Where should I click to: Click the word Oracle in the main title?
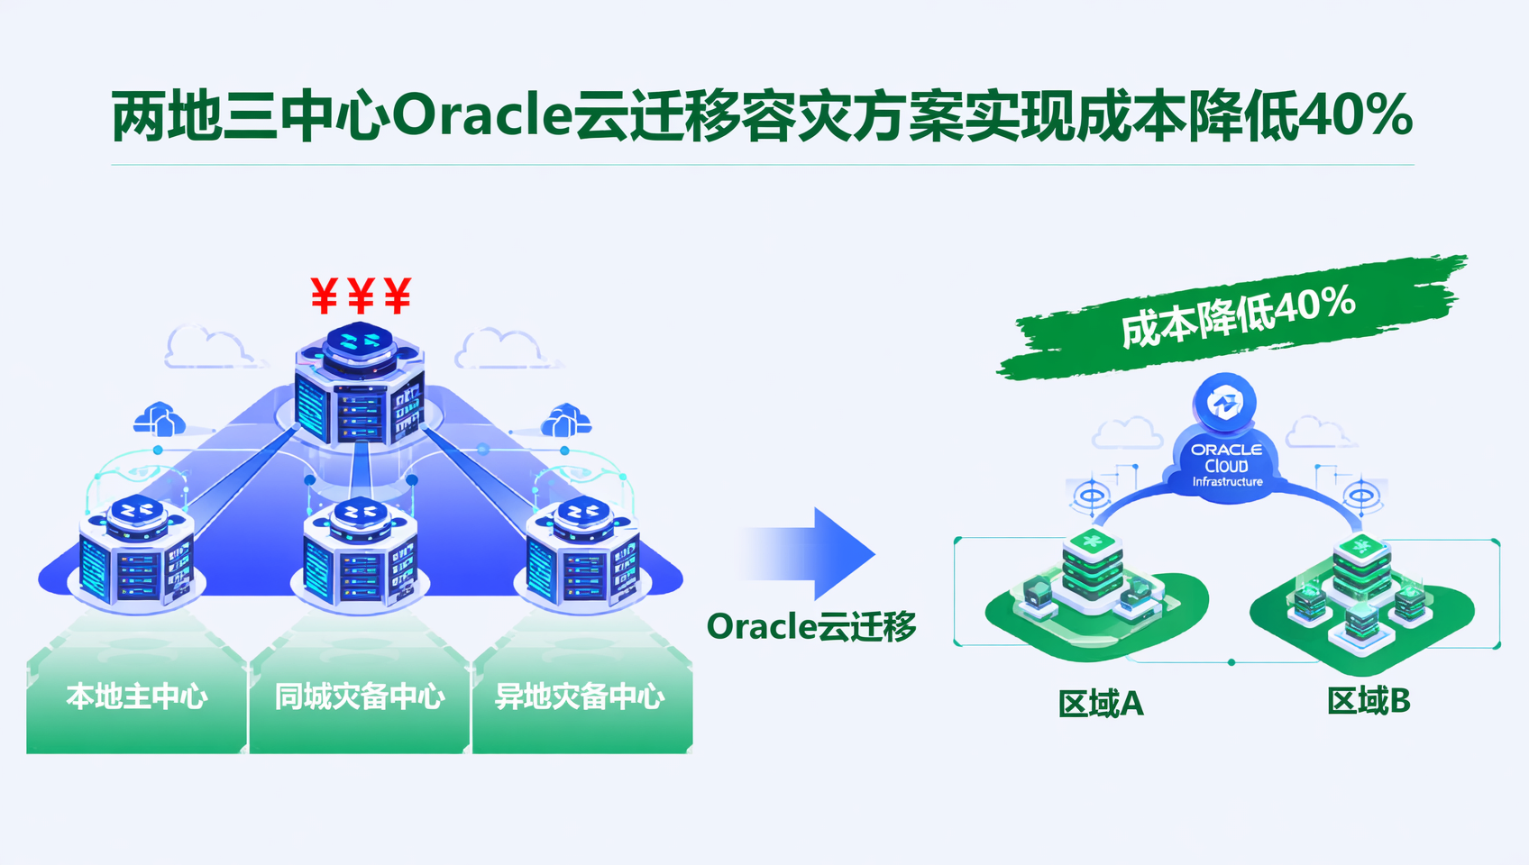pyautogui.click(x=482, y=115)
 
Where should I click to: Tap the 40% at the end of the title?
pyautogui.click(x=1354, y=115)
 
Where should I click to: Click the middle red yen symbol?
pyautogui.click(x=361, y=296)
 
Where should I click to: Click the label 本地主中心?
pyautogui.click(x=136, y=697)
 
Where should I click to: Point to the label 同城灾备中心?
pyautogui.click(x=360, y=697)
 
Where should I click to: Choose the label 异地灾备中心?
pyautogui.click(x=580, y=697)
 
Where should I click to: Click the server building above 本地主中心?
pyautogui.click(x=136, y=551)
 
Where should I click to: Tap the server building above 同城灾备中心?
pyautogui.click(x=360, y=552)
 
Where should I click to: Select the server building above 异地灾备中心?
pyautogui.click(x=583, y=552)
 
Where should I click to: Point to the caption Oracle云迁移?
pyautogui.click(x=810, y=626)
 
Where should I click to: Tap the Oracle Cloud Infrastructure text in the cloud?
pyautogui.click(x=1227, y=465)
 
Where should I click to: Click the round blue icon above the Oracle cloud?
pyautogui.click(x=1224, y=403)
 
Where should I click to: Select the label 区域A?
pyautogui.click(x=1101, y=704)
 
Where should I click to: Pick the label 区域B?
pyautogui.click(x=1369, y=701)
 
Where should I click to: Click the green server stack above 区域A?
pyautogui.click(x=1092, y=566)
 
